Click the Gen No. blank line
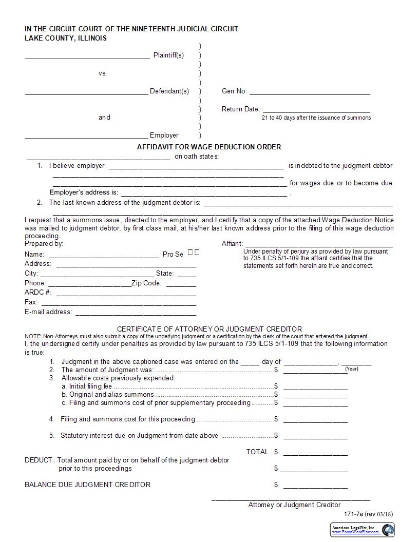coord(310,94)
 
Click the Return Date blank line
coord(316,111)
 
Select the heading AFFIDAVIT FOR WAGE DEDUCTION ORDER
coord(209,147)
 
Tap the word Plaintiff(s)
coord(168,55)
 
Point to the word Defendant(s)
coord(169,91)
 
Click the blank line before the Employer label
coord(86,138)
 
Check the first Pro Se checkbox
coord(191,252)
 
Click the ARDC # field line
coord(126,295)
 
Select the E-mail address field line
coord(136,314)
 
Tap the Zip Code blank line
coord(181,285)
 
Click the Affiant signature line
coord(318,246)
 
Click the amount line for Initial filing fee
coord(315,389)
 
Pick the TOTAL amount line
coord(315,455)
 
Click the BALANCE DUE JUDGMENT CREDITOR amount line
coord(315,488)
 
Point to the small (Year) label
coord(352,369)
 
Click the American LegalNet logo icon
coord(388,529)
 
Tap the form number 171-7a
coord(353,514)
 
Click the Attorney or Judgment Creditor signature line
coord(291,499)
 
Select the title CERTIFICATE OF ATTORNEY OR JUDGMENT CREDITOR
coord(209,329)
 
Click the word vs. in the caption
coord(103,73)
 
